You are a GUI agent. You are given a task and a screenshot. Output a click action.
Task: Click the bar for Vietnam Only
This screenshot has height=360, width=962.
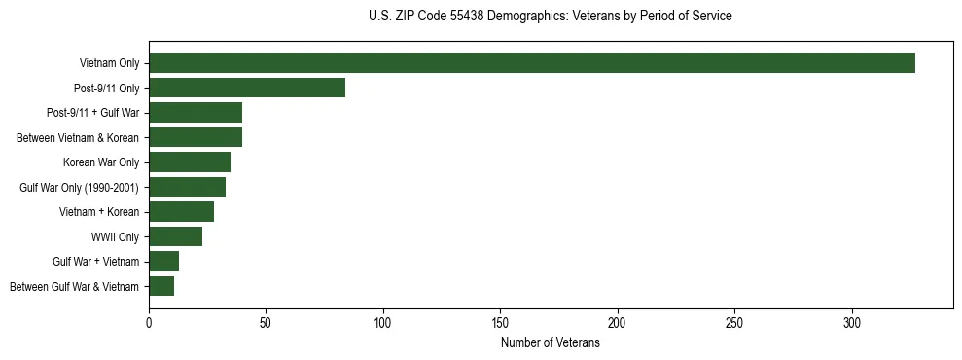click(531, 63)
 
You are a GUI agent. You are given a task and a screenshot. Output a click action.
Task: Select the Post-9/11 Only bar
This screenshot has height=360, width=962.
click(247, 89)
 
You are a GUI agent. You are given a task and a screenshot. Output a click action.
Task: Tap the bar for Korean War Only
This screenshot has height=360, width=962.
click(190, 162)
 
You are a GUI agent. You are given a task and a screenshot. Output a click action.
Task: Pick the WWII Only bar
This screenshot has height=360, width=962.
click(175, 236)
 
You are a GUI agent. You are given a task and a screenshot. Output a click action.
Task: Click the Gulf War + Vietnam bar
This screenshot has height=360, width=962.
click(163, 262)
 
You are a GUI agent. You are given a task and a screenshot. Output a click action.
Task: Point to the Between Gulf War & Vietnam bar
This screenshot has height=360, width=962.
click(161, 286)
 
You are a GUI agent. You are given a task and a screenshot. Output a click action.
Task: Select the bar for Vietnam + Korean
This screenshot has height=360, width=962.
click(181, 212)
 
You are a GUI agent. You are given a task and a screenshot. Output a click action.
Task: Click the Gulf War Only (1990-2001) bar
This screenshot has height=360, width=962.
click(187, 187)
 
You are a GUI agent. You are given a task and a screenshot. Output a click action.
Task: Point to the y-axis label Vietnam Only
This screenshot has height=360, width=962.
click(109, 63)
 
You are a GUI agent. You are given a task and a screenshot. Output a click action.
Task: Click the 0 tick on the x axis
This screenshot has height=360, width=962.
click(149, 320)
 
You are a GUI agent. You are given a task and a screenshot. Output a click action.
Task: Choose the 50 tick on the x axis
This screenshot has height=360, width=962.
click(266, 320)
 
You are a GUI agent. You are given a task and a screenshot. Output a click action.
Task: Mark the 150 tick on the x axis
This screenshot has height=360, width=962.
click(500, 320)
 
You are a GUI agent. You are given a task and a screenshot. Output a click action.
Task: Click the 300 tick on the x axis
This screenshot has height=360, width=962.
click(852, 320)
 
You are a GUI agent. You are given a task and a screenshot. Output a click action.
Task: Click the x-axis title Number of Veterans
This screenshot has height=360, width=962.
click(550, 342)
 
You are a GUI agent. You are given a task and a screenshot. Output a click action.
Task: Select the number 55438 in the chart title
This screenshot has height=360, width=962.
click(459, 17)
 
